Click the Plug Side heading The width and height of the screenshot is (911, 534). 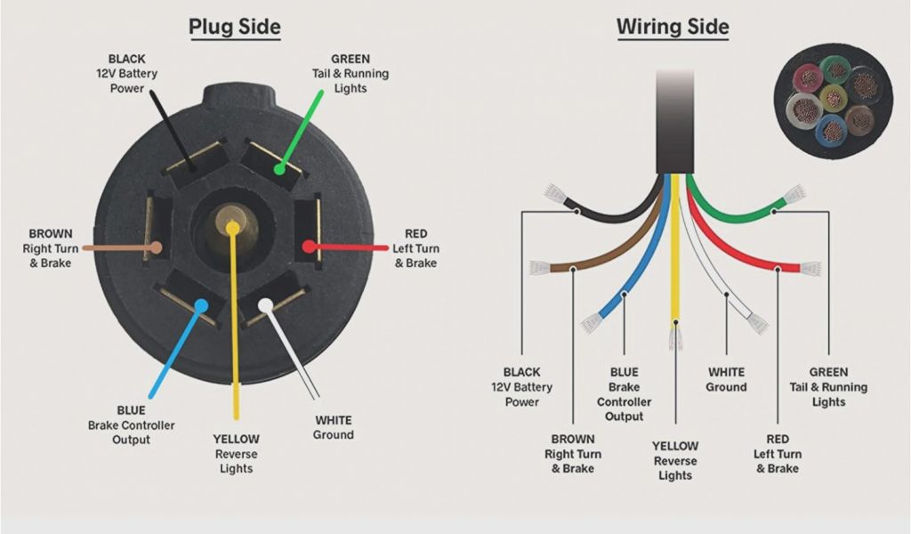[234, 28]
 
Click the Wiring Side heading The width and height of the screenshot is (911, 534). [673, 28]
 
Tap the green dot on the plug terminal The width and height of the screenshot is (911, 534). [278, 166]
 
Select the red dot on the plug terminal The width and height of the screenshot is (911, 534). [308, 246]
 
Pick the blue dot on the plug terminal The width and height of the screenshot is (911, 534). [201, 306]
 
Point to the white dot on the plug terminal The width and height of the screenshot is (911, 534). [265, 305]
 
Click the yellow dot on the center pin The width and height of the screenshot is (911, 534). [232, 228]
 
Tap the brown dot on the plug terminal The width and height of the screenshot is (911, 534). [157, 247]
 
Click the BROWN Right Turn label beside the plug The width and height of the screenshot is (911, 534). [47, 248]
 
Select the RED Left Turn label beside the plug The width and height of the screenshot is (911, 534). [415, 248]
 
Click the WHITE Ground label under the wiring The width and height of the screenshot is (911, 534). [726, 380]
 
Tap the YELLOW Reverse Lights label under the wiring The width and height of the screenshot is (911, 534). [674, 461]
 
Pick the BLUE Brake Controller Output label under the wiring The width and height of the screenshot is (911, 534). [624, 394]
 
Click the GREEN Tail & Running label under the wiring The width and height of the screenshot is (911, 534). [828, 387]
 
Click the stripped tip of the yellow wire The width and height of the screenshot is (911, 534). [675, 336]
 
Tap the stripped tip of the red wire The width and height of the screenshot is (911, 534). [810, 268]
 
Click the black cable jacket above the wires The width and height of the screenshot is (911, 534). [674, 120]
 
